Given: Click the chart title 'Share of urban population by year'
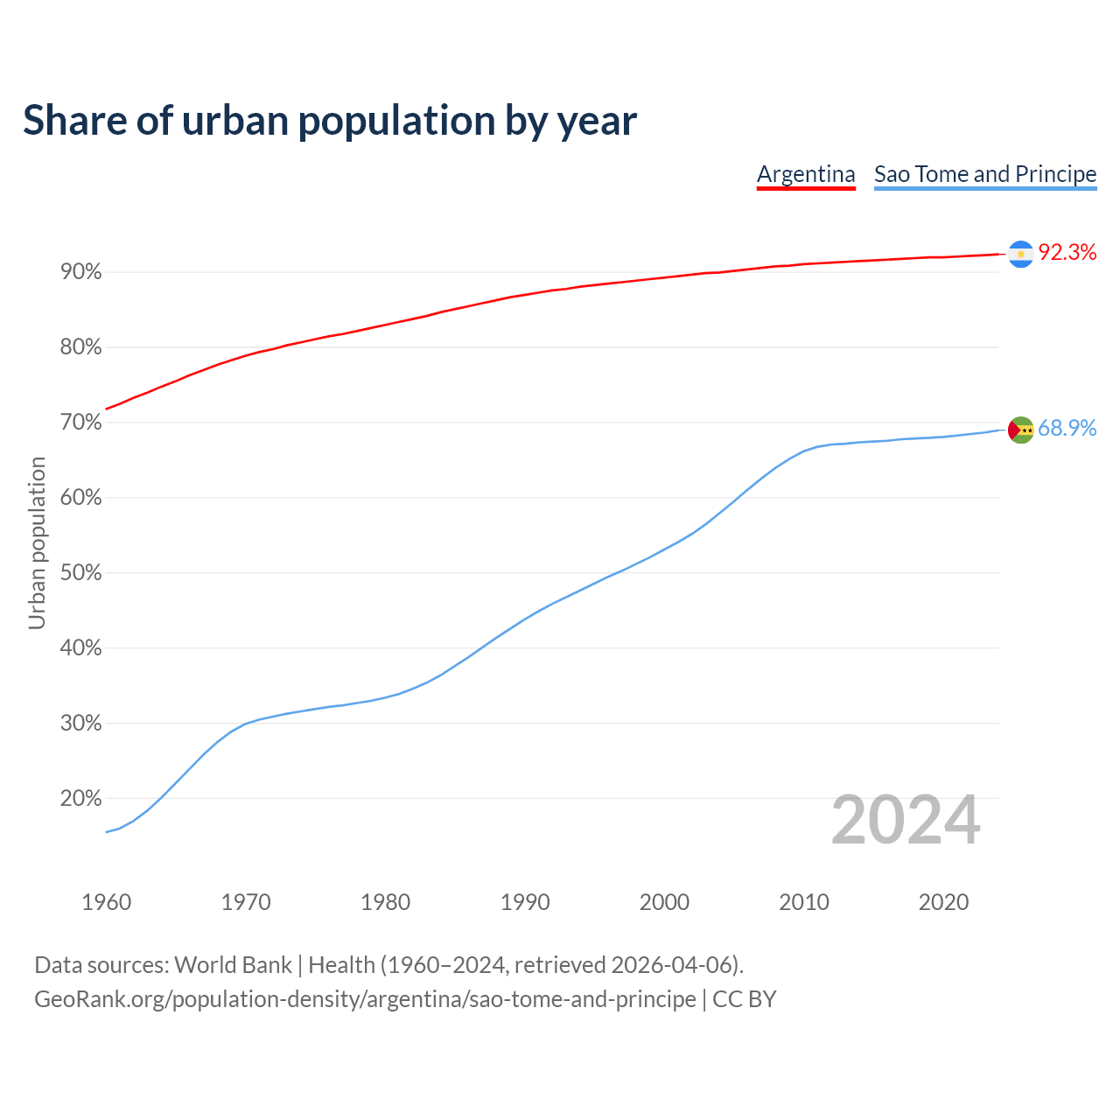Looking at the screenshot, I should (330, 121).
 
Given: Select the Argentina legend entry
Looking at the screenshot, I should (806, 174).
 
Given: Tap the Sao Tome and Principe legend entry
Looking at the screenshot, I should (985, 174).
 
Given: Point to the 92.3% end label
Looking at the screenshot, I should (1067, 253).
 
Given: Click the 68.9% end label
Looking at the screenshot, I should (1067, 428).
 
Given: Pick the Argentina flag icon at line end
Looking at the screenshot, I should (1020, 254).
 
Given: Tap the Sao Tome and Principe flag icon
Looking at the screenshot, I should (1020, 430).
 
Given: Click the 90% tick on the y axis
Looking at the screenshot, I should (81, 272).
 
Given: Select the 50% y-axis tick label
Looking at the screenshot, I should (81, 573).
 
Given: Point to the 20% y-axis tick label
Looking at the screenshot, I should (81, 799).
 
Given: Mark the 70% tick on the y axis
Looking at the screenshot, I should (81, 423).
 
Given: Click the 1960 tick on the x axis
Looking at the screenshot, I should (106, 902).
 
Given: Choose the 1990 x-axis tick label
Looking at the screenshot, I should (525, 902).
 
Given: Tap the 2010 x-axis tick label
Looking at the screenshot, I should (804, 902).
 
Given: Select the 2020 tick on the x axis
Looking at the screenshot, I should (943, 902).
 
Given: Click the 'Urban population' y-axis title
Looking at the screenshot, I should (37, 542).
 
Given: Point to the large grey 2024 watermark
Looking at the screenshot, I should (906, 820).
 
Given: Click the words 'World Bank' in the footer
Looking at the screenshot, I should (233, 965).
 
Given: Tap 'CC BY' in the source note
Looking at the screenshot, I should (745, 999).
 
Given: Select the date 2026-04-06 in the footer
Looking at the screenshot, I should (670, 965).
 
